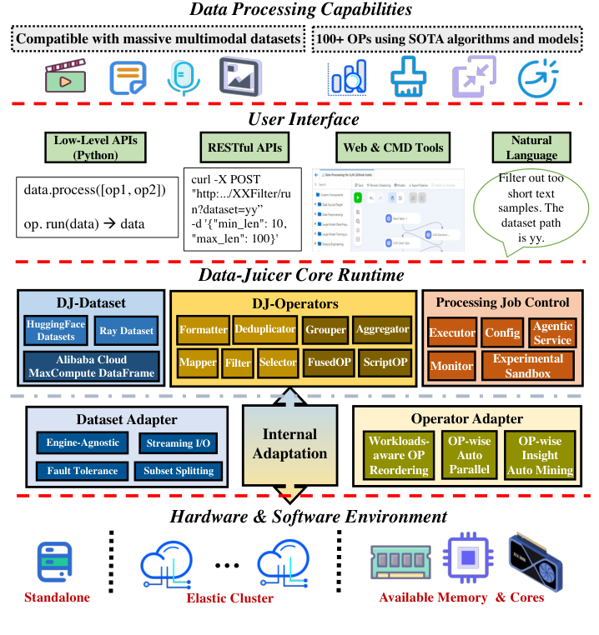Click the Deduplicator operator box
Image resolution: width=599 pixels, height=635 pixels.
click(x=264, y=329)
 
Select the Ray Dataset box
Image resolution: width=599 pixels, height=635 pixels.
click(x=126, y=331)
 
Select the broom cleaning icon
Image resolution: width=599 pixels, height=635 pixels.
click(x=406, y=77)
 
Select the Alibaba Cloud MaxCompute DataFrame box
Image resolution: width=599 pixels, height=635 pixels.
click(x=89, y=366)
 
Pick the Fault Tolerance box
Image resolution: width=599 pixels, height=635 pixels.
click(x=83, y=471)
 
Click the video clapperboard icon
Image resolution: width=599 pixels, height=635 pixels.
click(x=65, y=77)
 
